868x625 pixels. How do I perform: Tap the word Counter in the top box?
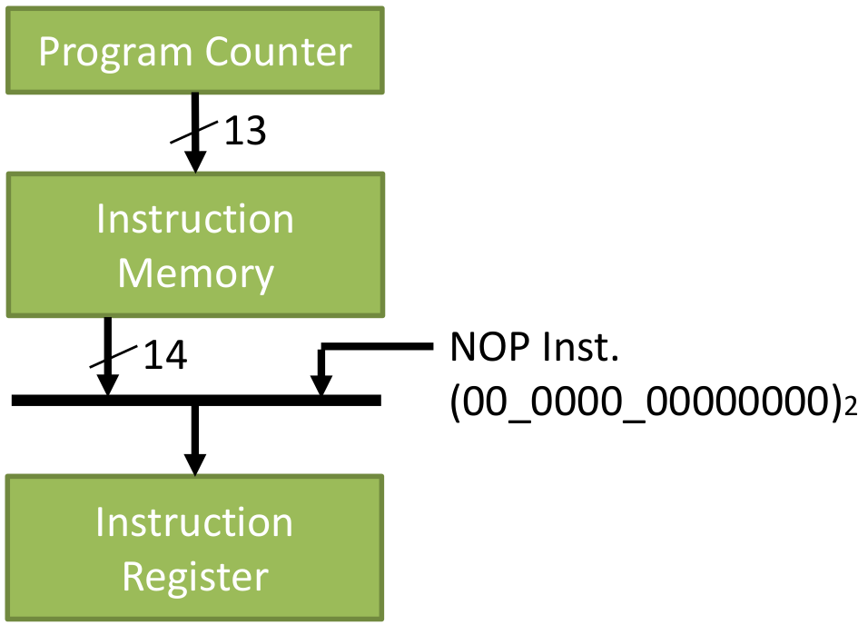[x=279, y=52]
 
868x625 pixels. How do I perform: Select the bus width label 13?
[x=244, y=132]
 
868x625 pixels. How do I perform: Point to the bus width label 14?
[x=165, y=355]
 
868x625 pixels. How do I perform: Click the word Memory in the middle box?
[x=196, y=274]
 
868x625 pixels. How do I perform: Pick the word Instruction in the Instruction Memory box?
[x=195, y=219]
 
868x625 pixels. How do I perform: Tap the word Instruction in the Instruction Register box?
[x=193, y=522]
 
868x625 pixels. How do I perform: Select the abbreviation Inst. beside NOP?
[x=580, y=347]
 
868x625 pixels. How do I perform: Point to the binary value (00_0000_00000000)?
[x=646, y=402]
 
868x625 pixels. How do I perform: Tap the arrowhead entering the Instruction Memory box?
[x=195, y=161]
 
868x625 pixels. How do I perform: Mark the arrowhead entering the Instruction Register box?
[x=195, y=465]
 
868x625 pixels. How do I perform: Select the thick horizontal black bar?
[x=196, y=401]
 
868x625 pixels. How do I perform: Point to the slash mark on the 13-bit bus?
[x=193, y=132]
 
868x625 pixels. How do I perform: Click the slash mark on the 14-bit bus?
[x=113, y=356]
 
